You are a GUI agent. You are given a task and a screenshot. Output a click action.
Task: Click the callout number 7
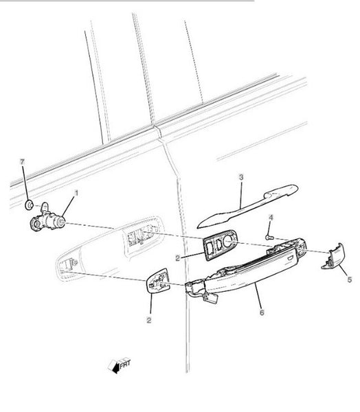point(23,162)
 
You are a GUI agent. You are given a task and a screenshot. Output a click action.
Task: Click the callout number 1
point(76,193)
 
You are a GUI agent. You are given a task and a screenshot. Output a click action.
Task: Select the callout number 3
point(241,177)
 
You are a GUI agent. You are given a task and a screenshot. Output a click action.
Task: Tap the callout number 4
point(271,217)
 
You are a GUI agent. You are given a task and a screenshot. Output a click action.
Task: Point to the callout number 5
point(349,279)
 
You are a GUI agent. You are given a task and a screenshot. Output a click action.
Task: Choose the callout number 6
point(262,312)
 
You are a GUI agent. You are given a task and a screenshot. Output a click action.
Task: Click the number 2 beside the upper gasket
point(178,258)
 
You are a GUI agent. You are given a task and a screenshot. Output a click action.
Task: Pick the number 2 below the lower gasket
point(149,320)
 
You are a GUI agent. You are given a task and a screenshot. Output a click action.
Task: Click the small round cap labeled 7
point(29,205)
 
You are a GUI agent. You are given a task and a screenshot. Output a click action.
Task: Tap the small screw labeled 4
point(270,238)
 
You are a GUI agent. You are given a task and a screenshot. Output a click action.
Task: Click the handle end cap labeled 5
point(333,256)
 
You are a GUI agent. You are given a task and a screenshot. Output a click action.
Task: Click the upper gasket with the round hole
point(220,245)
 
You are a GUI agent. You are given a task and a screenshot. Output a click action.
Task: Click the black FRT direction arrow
point(115,367)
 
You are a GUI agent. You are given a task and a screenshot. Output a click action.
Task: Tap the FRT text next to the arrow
point(125,364)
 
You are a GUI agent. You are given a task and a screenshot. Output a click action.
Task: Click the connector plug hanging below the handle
point(210,298)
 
